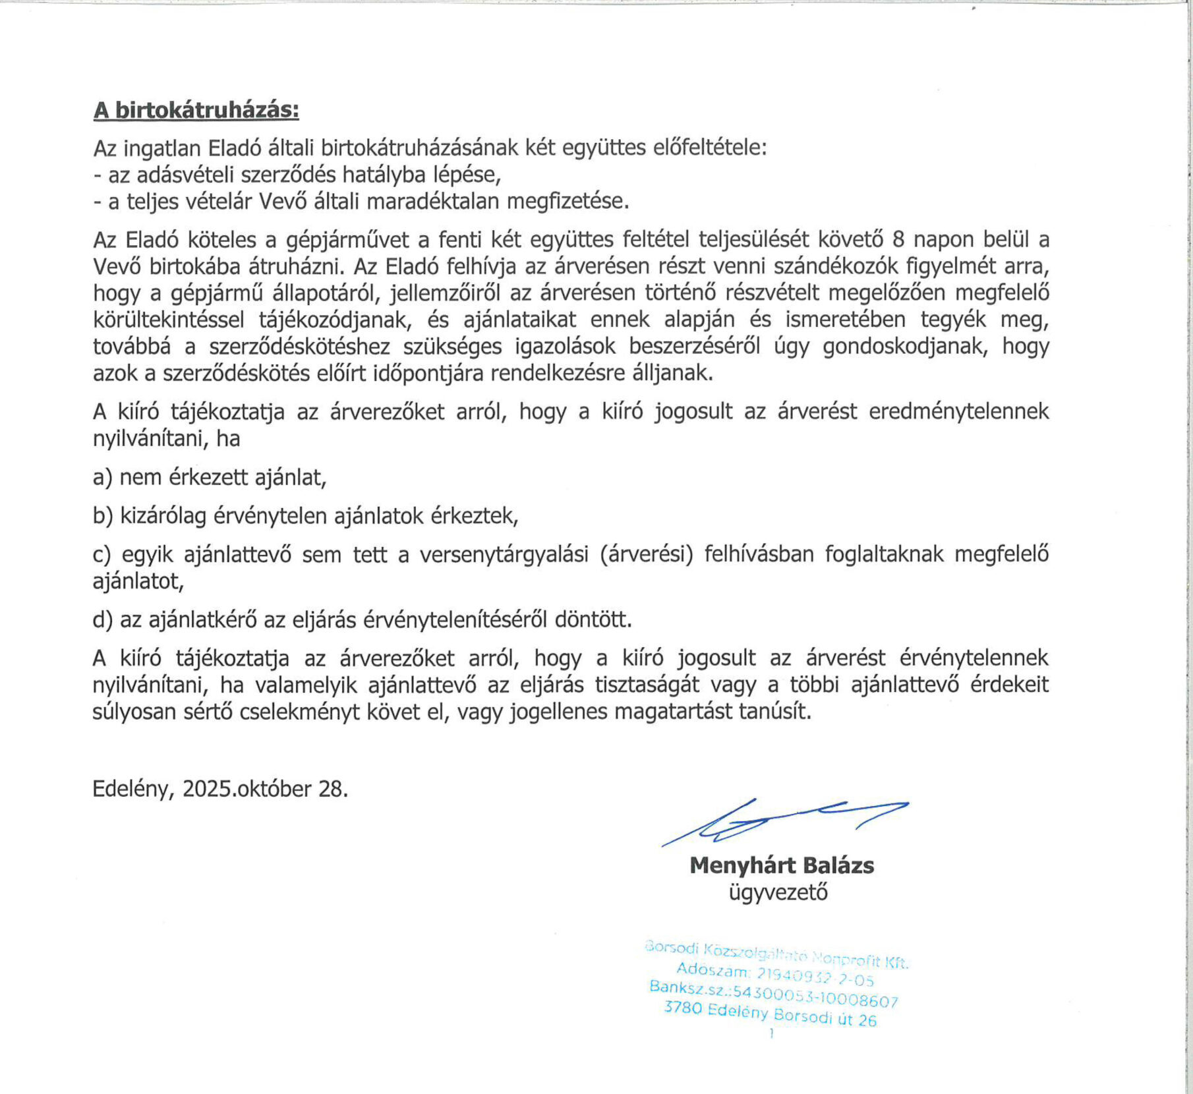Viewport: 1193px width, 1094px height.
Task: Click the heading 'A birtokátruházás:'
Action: (196, 110)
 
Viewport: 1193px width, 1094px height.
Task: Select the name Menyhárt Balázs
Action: (782, 865)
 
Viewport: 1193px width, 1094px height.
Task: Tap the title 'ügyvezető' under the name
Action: (778, 893)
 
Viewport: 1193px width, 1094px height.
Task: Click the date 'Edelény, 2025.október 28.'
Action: (220, 789)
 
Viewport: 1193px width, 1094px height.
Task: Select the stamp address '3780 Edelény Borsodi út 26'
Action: (770, 1014)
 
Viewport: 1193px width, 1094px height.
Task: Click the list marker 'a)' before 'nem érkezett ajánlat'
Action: (102, 476)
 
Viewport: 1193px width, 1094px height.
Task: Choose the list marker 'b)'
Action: (103, 515)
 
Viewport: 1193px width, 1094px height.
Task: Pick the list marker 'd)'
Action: (103, 619)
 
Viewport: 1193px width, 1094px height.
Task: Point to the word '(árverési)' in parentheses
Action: (647, 555)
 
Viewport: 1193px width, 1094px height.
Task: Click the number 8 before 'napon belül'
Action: (898, 239)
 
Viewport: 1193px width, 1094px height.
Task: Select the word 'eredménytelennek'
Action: (959, 411)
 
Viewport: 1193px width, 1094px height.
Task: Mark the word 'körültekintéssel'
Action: (168, 320)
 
